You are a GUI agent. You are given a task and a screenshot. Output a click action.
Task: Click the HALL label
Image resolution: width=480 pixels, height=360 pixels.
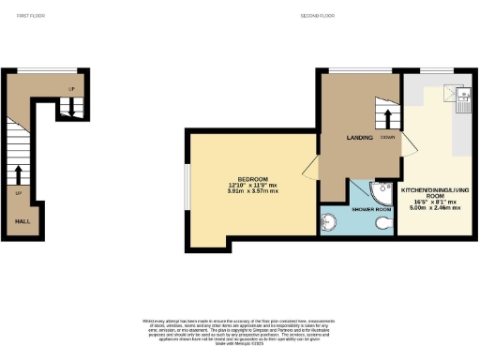pos(20,222)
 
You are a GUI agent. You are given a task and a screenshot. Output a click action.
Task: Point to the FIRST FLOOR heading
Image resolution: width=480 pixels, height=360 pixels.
pos(31,16)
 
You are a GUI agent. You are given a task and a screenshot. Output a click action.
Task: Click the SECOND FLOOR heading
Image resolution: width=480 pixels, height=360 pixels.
pos(318,16)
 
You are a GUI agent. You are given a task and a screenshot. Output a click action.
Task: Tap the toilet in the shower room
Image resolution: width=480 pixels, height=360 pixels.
pos(382,225)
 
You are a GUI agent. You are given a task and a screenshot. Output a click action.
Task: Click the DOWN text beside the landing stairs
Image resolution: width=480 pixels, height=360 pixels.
pos(387,138)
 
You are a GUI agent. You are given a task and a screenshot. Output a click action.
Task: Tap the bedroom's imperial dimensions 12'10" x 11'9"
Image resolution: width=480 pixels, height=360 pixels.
pos(252,186)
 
